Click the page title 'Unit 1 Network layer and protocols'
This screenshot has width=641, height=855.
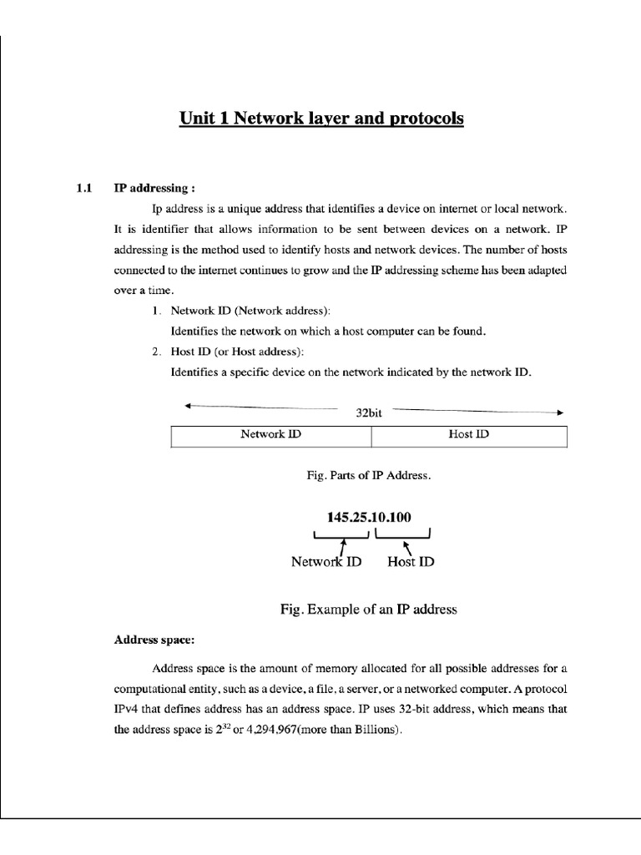point(321,119)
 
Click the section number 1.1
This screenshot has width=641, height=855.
point(83,188)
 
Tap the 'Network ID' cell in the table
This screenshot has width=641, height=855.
point(270,435)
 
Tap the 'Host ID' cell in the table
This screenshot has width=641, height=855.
point(468,435)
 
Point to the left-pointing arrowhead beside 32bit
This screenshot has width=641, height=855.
point(188,407)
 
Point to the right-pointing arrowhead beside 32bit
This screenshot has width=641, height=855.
point(560,412)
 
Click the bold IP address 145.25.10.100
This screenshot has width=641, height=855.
point(369,518)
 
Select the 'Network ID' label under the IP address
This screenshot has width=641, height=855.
point(326,562)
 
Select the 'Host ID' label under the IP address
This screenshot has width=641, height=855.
point(411,562)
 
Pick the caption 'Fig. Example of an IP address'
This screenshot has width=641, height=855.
point(368,610)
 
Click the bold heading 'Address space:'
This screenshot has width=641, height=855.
point(154,640)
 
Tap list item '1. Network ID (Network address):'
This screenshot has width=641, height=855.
point(230,311)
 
